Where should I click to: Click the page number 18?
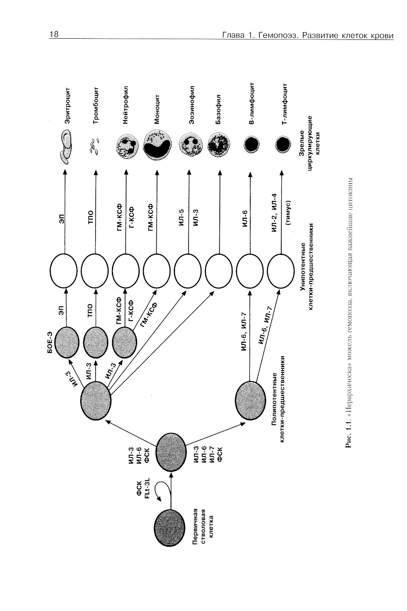click(x=54, y=35)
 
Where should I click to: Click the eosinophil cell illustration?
click(x=189, y=145)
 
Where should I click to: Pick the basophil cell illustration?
click(x=220, y=145)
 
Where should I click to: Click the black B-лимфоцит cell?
click(x=252, y=144)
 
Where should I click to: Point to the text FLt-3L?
click(x=148, y=487)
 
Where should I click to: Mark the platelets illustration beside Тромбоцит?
click(x=94, y=146)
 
